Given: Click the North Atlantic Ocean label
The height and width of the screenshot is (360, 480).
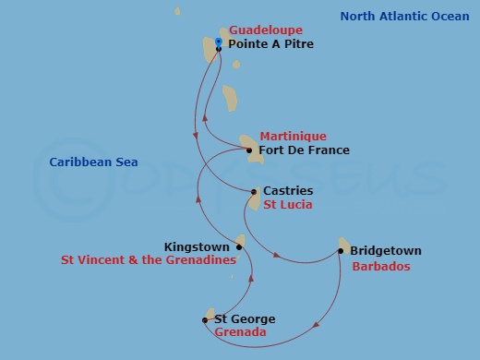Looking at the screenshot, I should [404, 16].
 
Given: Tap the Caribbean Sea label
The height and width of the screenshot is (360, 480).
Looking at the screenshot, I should [93, 162].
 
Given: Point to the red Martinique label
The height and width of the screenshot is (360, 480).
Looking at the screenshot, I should [293, 136].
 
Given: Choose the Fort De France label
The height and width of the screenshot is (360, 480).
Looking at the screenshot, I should [305, 150].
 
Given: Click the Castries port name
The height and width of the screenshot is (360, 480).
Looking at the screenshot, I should [288, 190].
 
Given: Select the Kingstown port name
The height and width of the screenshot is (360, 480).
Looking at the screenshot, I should [197, 247].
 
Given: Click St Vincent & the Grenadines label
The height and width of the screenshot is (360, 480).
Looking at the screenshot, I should [148, 260].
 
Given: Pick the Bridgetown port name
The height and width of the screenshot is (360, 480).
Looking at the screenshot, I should [385, 250].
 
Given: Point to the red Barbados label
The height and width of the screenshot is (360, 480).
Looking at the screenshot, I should [381, 266].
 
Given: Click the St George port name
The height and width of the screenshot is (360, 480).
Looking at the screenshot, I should [244, 319].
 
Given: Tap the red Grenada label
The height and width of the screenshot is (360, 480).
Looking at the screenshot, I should [240, 332].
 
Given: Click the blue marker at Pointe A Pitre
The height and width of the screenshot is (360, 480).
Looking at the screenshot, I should [219, 42].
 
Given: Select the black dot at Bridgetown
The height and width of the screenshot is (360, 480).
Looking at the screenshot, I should [341, 250].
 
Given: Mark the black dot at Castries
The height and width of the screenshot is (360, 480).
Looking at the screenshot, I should [255, 192].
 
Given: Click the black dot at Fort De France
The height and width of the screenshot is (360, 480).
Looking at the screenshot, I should [250, 150].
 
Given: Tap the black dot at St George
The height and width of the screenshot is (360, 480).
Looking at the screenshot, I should [205, 320].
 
